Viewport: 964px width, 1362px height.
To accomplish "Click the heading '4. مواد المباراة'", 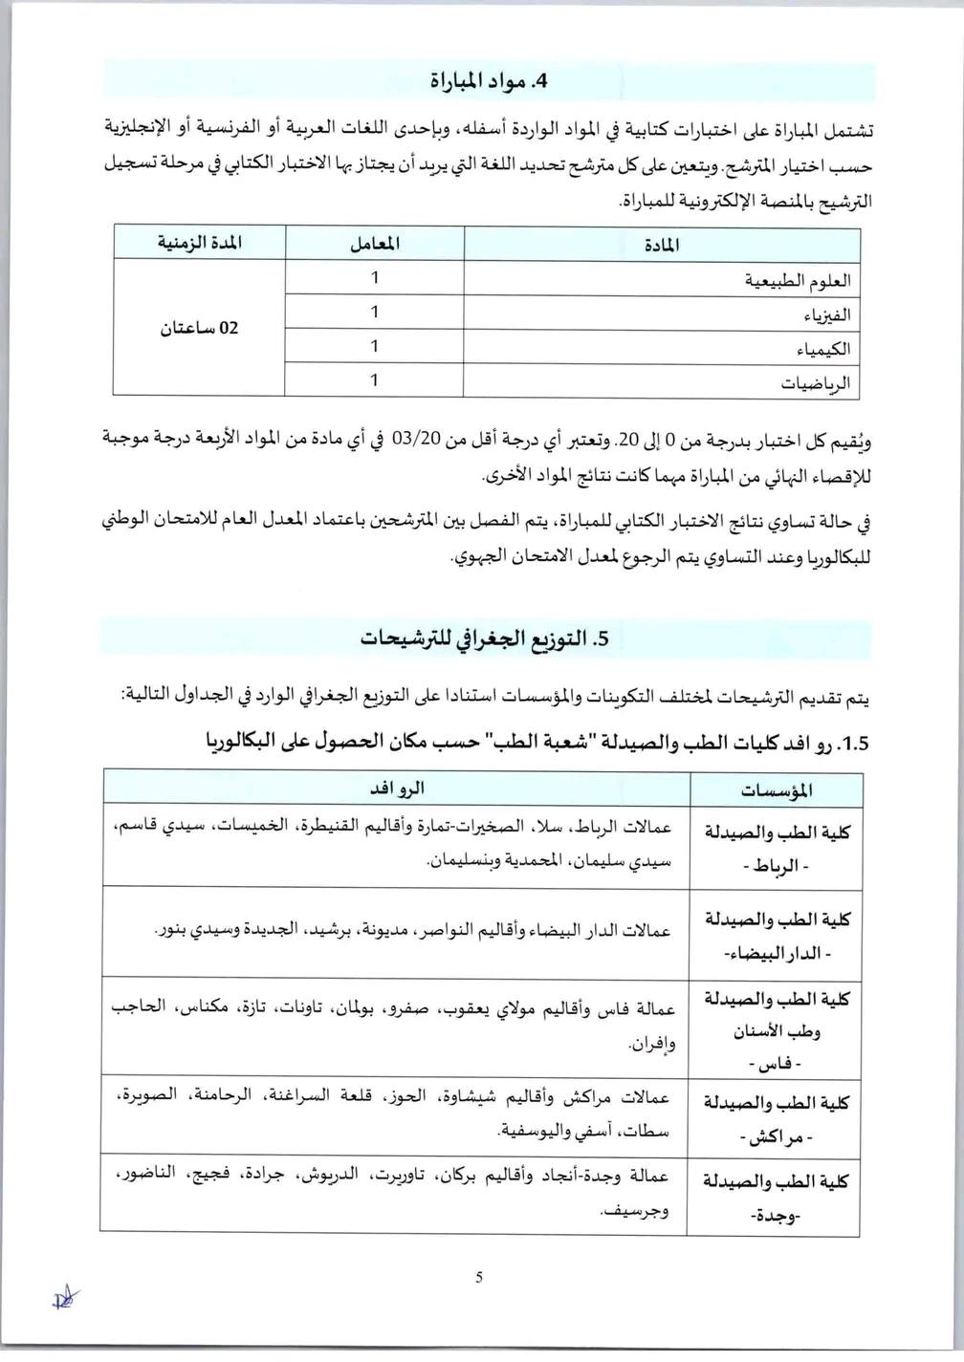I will tap(488, 81).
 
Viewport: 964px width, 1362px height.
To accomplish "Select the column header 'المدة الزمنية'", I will tap(200, 243).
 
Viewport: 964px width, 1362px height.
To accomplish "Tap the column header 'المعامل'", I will tap(375, 244).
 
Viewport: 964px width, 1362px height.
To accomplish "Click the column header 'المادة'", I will tap(661, 245).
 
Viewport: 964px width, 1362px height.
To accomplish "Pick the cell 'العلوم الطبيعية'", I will tap(798, 280).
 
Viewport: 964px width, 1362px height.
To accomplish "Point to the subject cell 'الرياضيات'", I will tap(815, 383).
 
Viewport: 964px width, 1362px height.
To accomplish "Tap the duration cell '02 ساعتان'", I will tap(199, 328).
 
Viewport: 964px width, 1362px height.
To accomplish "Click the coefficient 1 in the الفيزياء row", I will tap(375, 312).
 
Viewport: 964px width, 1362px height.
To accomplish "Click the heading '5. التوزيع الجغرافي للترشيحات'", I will tap(484, 639).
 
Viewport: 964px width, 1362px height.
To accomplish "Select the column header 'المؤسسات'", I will tap(777, 790).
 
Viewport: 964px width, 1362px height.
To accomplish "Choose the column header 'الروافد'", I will tap(397, 789).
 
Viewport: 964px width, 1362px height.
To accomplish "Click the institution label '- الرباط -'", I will tap(776, 867).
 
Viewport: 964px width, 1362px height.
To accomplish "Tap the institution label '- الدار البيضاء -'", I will tap(777, 954).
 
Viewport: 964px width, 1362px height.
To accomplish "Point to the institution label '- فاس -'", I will tap(776, 1063).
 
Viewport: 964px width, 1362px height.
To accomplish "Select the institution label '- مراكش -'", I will tap(776, 1138).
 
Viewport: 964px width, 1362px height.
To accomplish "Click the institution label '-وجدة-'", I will tap(776, 1217).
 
